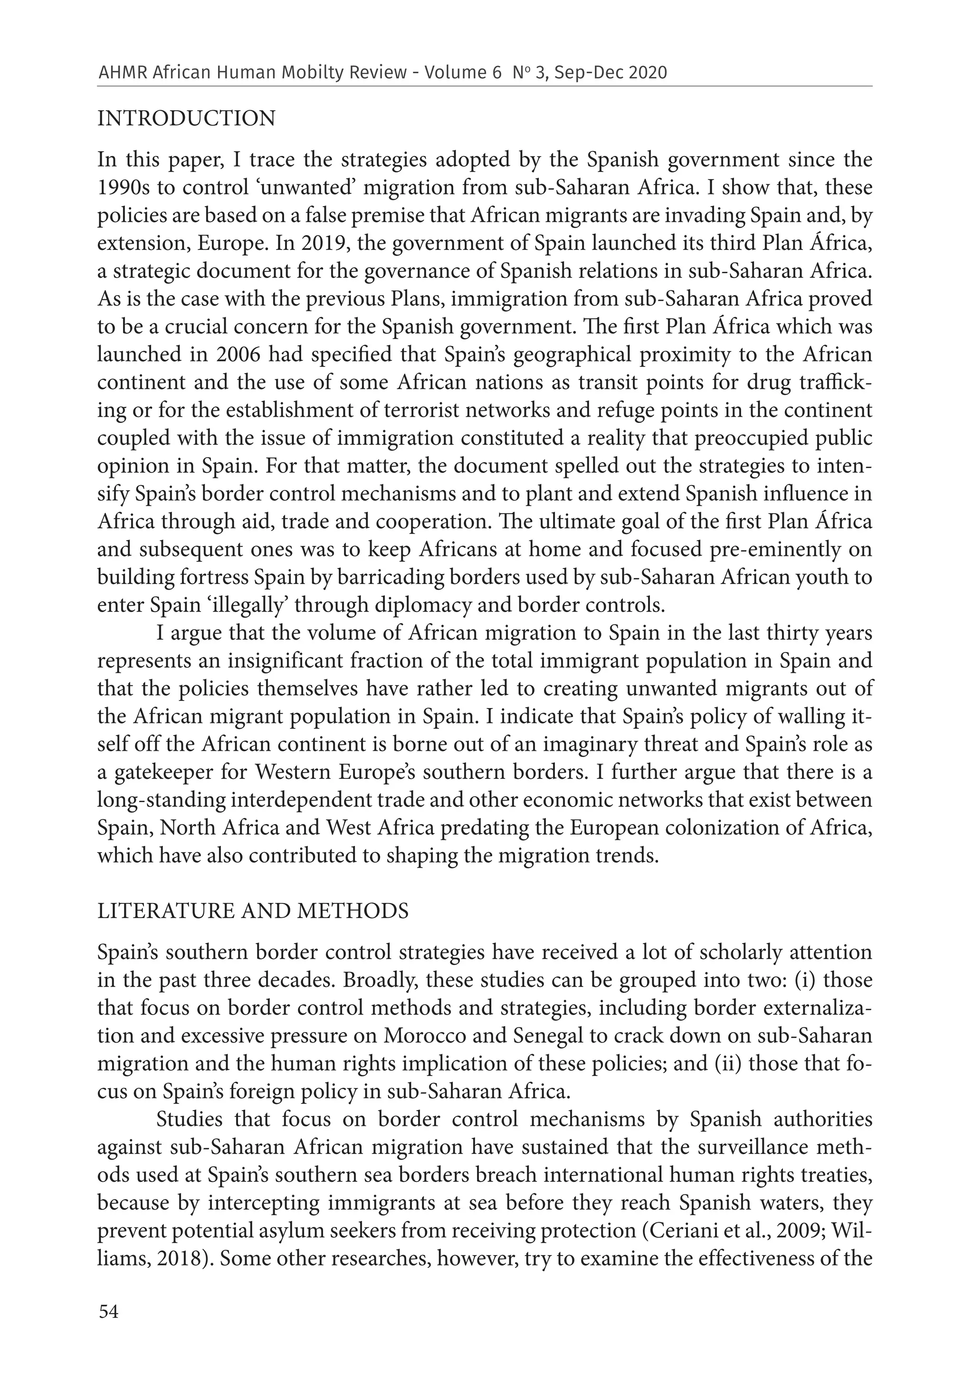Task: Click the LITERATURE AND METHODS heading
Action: coord(253,911)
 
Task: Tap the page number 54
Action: coord(108,1311)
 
